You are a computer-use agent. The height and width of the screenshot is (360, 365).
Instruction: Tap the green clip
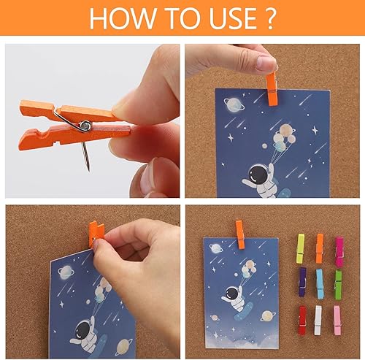point(338,282)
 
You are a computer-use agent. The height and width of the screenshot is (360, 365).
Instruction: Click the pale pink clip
point(338,319)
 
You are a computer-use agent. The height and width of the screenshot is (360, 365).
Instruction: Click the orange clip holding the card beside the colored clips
point(239,234)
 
